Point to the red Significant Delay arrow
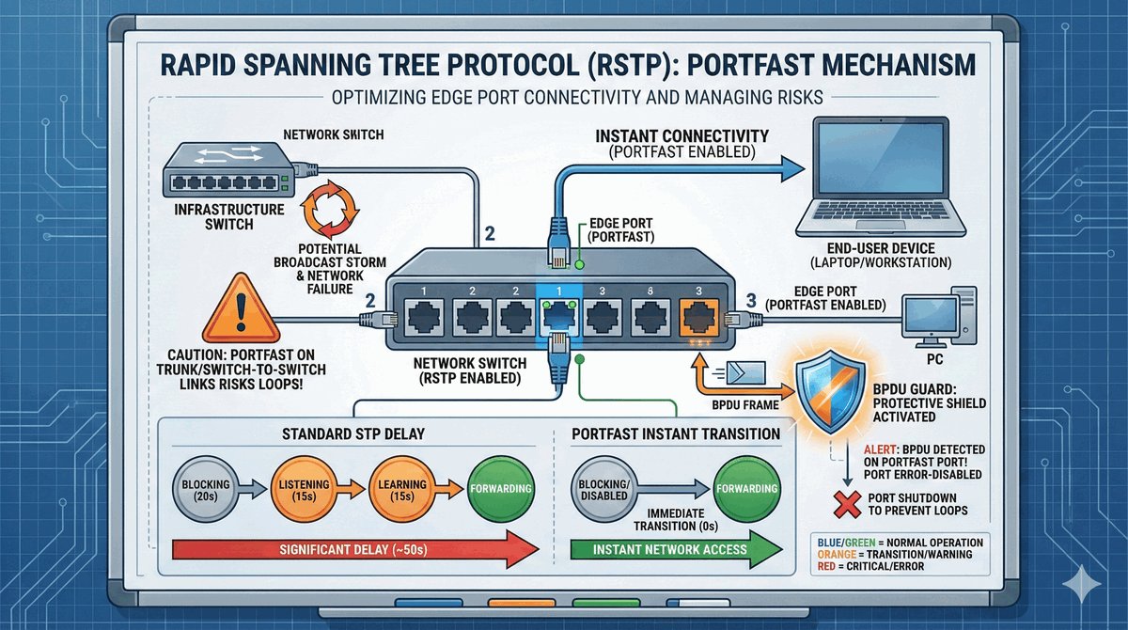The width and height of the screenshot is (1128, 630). coord(357,548)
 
